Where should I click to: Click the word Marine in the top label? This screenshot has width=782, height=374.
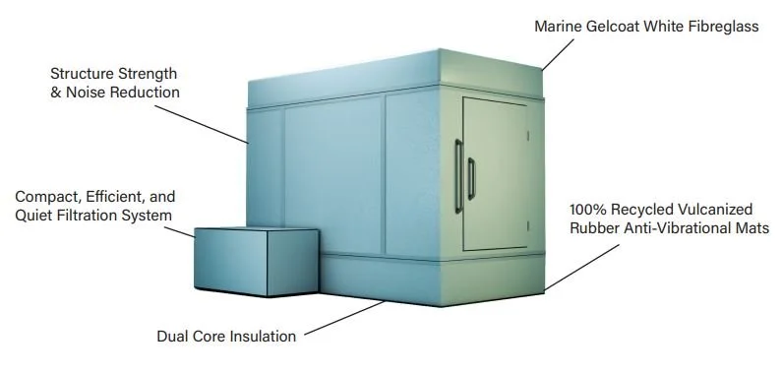click(558, 27)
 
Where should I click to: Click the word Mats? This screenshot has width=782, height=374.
click(752, 228)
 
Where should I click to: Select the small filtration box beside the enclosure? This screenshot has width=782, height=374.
click(255, 260)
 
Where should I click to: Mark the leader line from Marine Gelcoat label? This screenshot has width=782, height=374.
click(558, 53)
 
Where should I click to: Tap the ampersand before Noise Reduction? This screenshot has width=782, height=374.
click(55, 92)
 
